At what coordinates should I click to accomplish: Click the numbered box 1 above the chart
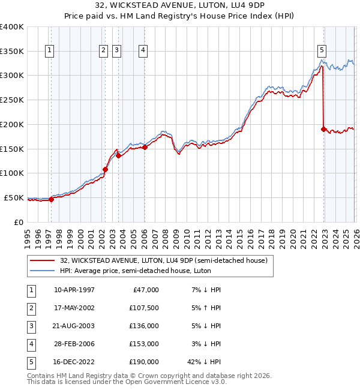click(49, 50)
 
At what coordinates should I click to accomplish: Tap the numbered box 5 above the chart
click(322, 50)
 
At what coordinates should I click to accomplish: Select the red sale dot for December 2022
click(323, 129)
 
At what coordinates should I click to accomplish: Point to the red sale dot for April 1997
click(51, 199)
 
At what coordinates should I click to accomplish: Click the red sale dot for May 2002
click(105, 169)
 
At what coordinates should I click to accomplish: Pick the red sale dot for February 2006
click(145, 147)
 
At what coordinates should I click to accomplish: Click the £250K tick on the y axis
click(12, 100)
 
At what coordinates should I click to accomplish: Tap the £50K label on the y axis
click(14, 197)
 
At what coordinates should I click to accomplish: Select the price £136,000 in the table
click(144, 326)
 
